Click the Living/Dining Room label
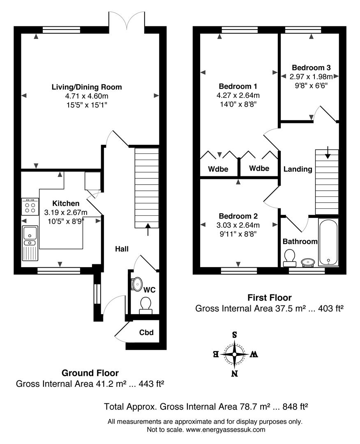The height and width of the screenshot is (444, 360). click(87, 87)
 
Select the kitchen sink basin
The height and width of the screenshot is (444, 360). click(30, 233)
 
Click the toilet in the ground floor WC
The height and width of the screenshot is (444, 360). click(145, 304)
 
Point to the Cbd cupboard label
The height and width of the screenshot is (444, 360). click(146, 332)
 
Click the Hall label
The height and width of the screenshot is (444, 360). click(122, 249)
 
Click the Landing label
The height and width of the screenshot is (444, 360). click(298, 169)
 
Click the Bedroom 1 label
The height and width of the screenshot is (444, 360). click(238, 86)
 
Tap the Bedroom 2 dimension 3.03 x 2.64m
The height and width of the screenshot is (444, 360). click(238, 225)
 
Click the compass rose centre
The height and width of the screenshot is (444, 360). click(235, 353)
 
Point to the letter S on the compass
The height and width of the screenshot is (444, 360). click(235, 335)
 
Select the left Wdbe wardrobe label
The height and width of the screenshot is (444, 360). click(218, 169)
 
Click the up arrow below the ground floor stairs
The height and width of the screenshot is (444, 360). click(148, 229)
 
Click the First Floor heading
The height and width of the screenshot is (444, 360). click(269, 298)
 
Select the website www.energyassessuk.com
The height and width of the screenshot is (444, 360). click(225, 430)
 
